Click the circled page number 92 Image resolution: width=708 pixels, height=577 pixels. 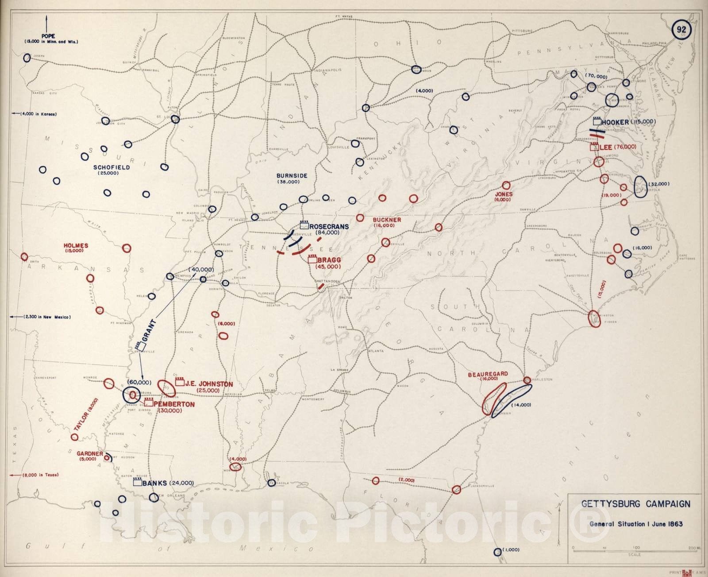pos(681,30)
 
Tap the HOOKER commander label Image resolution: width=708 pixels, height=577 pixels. pos(615,122)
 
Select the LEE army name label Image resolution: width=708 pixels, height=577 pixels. pos(605,147)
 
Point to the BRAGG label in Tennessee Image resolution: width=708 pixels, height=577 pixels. pos(328,260)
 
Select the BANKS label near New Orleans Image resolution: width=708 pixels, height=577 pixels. pos(154,483)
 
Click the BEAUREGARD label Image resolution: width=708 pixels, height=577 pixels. pos(488,374)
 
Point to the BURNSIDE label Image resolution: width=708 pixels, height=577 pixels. pos(292,176)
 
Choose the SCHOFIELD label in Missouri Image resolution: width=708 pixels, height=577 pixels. pos(112,167)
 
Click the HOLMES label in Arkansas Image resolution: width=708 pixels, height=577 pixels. pos(76,245)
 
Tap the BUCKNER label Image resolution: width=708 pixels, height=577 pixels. pos(387,220)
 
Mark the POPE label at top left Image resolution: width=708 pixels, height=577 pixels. pos(48,36)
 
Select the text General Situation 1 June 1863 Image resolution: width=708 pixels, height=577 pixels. pos(635,524)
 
